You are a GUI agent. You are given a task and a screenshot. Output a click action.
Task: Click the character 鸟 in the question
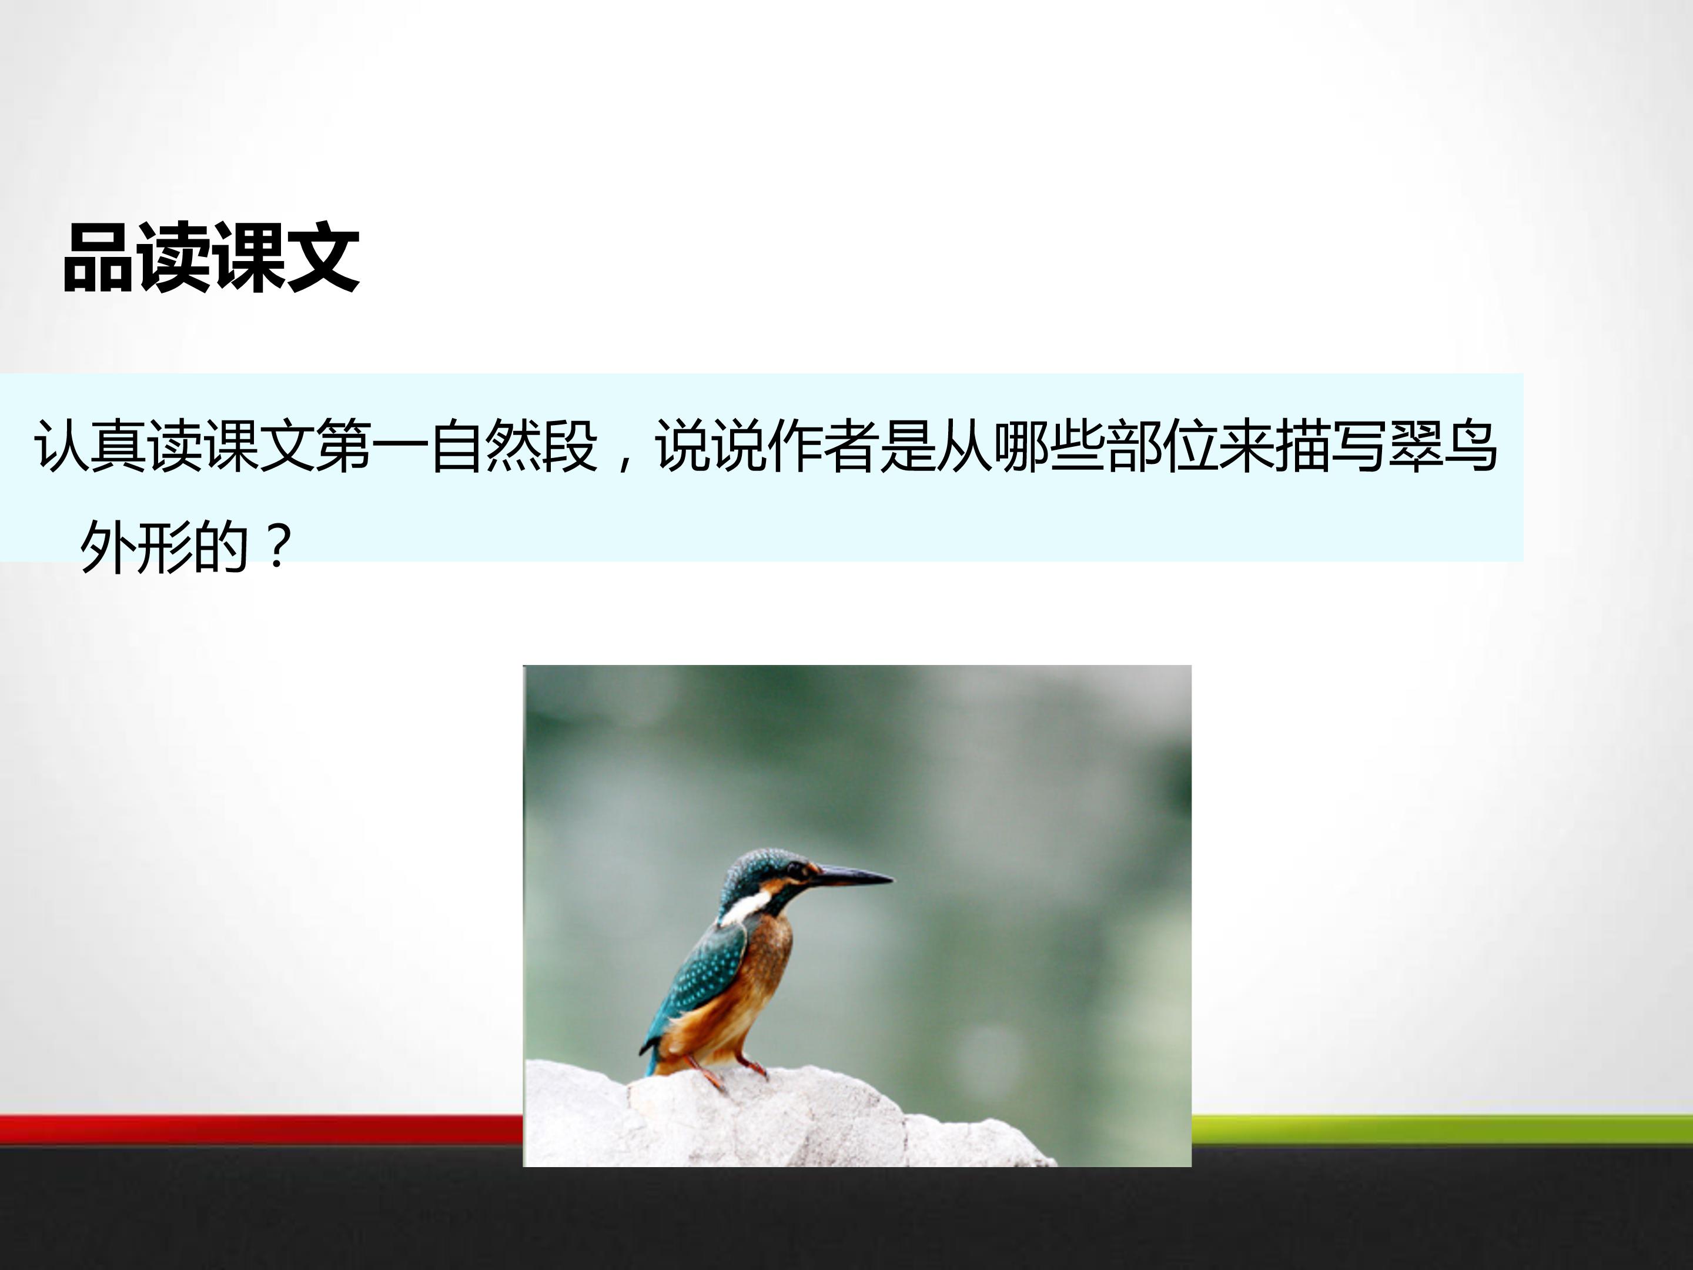tap(1470, 446)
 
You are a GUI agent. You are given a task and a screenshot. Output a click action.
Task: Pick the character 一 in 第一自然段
tap(401, 446)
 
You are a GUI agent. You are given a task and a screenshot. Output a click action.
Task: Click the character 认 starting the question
tap(62, 446)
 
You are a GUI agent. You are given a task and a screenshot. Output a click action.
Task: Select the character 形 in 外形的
tap(164, 547)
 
